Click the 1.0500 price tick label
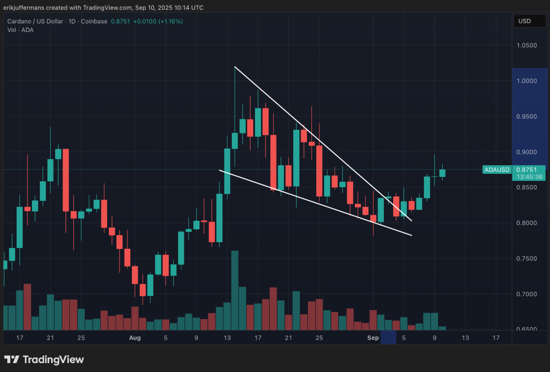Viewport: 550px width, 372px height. click(526, 45)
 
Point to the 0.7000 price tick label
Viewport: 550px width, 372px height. click(526, 294)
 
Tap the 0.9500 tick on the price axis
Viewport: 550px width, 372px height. click(526, 116)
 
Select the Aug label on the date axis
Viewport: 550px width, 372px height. click(135, 338)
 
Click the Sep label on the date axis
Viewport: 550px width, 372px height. click(373, 338)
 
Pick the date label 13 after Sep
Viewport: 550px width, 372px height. click(465, 338)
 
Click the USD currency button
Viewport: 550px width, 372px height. click(529, 21)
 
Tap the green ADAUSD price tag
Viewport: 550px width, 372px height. click(497, 170)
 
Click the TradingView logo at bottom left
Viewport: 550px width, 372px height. click(44, 360)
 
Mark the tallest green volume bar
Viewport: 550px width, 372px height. click(235, 290)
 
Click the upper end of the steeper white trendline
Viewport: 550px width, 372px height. click(235, 67)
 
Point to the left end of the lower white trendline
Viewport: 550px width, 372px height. click(219, 170)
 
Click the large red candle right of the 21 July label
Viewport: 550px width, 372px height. click(65, 180)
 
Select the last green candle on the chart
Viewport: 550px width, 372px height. click(442, 173)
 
